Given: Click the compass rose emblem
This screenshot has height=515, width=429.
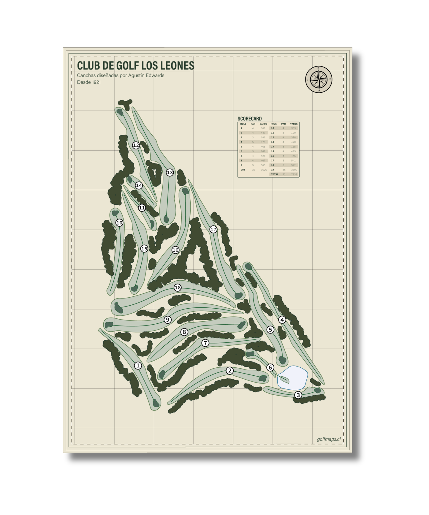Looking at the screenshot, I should pyautogui.click(x=319, y=79).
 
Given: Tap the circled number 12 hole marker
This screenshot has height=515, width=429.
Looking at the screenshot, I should pyautogui.click(x=136, y=145).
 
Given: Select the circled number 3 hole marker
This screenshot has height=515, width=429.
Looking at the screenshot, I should pyautogui.click(x=298, y=395).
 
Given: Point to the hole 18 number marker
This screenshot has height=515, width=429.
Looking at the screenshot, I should pyautogui.click(x=178, y=287).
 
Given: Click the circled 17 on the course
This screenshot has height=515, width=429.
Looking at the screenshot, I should pyautogui.click(x=213, y=229).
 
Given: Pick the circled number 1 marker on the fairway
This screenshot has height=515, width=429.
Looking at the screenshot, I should pyautogui.click(x=138, y=365).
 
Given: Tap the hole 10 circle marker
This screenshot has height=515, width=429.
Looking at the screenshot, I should pyautogui.click(x=119, y=222).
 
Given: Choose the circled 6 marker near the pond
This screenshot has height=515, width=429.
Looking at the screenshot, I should pyautogui.click(x=270, y=367).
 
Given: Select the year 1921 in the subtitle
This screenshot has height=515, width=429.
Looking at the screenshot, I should pyautogui.click(x=96, y=82).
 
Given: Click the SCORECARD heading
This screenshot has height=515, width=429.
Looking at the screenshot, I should pyautogui.click(x=249, y=119).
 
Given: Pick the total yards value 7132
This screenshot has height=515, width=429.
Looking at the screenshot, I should pyautogui.click(x=294, y=174).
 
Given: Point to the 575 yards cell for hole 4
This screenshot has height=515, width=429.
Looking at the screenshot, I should pyautogui.click(x=263, y=142).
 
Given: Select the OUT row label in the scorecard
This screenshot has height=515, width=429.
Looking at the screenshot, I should pyautogui.click(x=243, y=170).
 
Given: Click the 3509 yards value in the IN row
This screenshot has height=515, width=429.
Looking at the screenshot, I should pyautogui.click(x=294, y=170).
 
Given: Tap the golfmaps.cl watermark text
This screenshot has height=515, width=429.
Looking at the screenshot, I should pyautogui.click(x=329, y=439).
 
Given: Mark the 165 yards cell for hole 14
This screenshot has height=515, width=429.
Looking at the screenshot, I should pyautogui.click(x=293, y=147).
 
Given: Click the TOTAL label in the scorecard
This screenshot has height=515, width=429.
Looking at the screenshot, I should pyautogui.click(x=275, y=174).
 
